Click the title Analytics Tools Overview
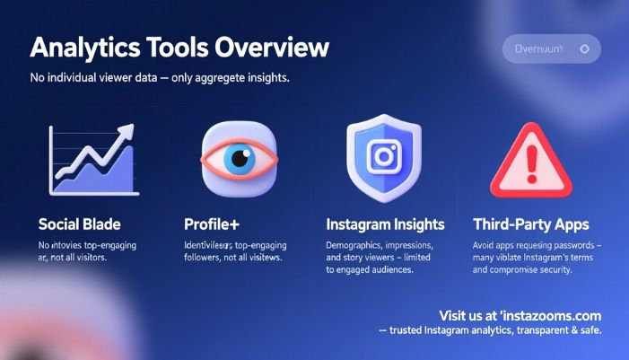pos(179,48)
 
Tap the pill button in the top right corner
pos(552,48)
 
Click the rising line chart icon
pos(90,160)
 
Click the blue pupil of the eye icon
pos(239,160)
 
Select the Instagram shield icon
pos(384,158)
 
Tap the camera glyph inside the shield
pos(384,156)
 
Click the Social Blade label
pos(79,224)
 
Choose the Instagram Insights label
pos(386,224)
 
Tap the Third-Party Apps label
pos(530,224)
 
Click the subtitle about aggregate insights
pos(159,79)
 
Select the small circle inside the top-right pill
pos(586,48)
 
